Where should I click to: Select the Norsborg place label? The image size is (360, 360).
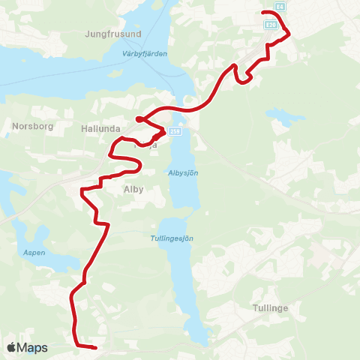pos(32,126)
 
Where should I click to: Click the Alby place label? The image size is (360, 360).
pos(133,190)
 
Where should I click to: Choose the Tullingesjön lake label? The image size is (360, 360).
pos(178,238)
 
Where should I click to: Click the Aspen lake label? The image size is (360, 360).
pos(34,253)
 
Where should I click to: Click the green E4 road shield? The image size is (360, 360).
pos(279,7)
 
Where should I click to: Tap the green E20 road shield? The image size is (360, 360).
pos(271,25)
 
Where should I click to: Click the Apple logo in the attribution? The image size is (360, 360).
pos(11,347)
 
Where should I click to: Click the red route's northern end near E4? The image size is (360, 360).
pos(262,13)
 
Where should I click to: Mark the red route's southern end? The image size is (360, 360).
pos(95,348)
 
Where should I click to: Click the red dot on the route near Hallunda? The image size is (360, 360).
pos(139,119)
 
